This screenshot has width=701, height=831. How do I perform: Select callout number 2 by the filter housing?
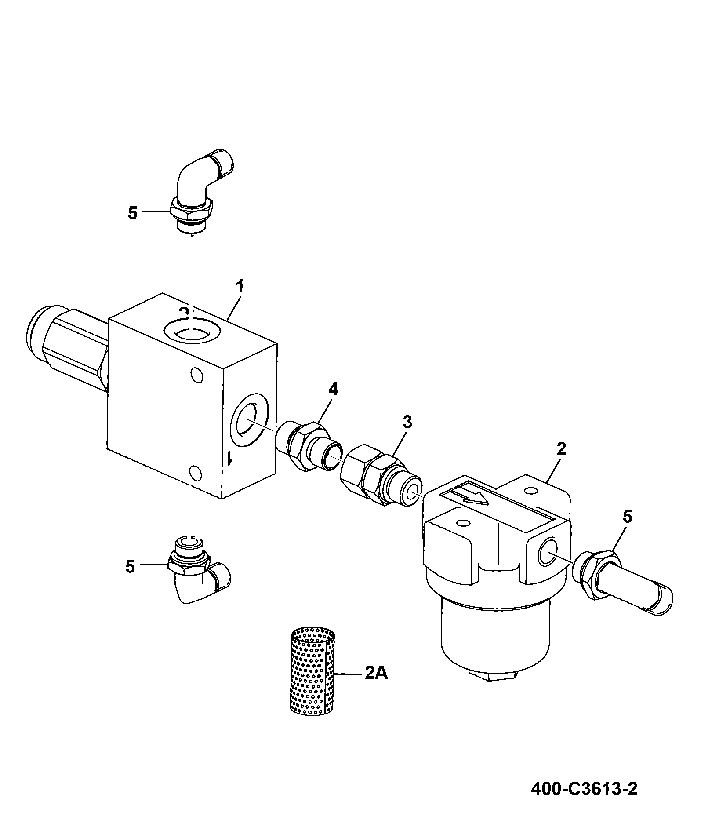coord(561,449)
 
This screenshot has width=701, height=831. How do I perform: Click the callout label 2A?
coord(376,673)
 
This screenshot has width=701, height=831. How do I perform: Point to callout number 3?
coord(407,423)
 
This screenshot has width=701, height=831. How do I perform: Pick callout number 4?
coord(334,389)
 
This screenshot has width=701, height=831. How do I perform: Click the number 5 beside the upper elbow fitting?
coord(133,213)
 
